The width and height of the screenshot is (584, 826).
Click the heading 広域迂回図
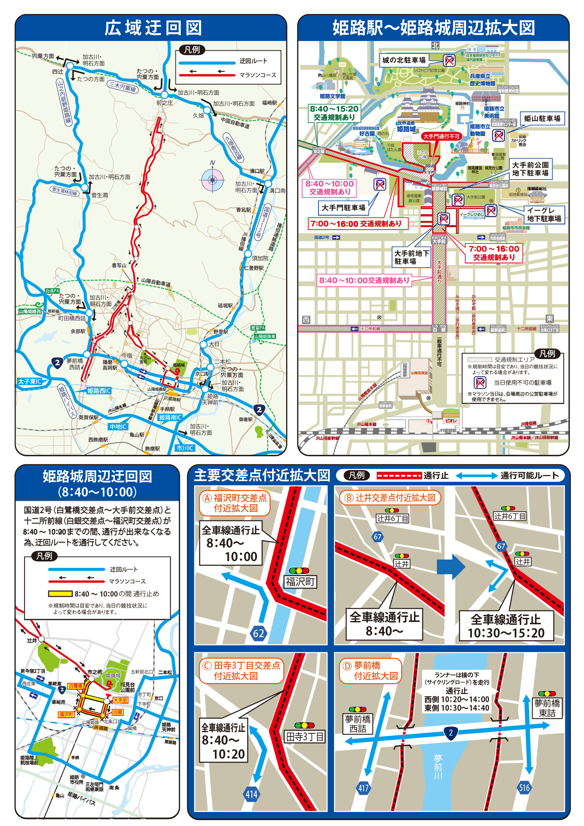(x=153, y=28)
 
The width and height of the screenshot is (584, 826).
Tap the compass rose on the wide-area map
(x=212, y=180)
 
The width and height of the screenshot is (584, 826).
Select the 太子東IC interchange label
(x=30, y=381)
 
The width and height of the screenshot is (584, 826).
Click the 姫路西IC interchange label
(x=99, y=391)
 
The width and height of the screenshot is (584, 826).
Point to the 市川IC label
(x=185, y=448)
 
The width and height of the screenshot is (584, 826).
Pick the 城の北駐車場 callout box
(x=404, y=60)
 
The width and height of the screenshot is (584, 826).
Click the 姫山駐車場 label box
(x=542, y=118)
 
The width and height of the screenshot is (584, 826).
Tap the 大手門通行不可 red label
(x=442, y=136)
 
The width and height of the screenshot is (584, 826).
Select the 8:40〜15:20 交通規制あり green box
(x=334, y=113)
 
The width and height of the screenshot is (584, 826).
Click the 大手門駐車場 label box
(x=343, y=208)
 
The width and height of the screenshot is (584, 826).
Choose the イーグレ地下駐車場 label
(x=544, y=215)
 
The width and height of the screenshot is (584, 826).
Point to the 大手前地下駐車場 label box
(x=412, y=257)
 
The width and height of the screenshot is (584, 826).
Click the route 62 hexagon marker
(x=259, y=633)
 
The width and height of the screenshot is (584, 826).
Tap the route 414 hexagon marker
(x=251, y=794)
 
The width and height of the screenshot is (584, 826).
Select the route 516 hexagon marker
(x=524, y=788)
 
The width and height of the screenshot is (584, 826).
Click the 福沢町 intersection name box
(x=300, y=582)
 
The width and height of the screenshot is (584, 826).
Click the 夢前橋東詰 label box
(x=547, y=708)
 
